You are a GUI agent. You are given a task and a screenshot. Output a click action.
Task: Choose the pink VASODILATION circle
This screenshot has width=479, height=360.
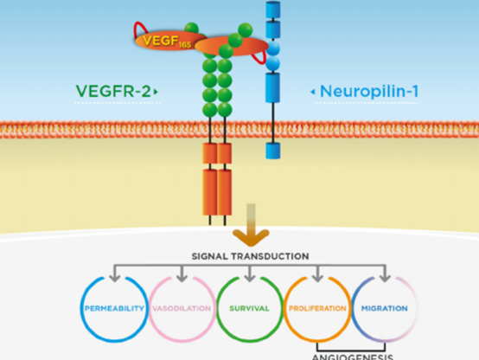181,307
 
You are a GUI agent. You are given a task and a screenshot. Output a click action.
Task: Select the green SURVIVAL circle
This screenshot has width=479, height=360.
249,307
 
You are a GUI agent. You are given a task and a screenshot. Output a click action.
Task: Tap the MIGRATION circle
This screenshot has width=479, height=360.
386,307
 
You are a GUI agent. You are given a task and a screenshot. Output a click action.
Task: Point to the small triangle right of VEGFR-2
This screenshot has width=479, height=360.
156,90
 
